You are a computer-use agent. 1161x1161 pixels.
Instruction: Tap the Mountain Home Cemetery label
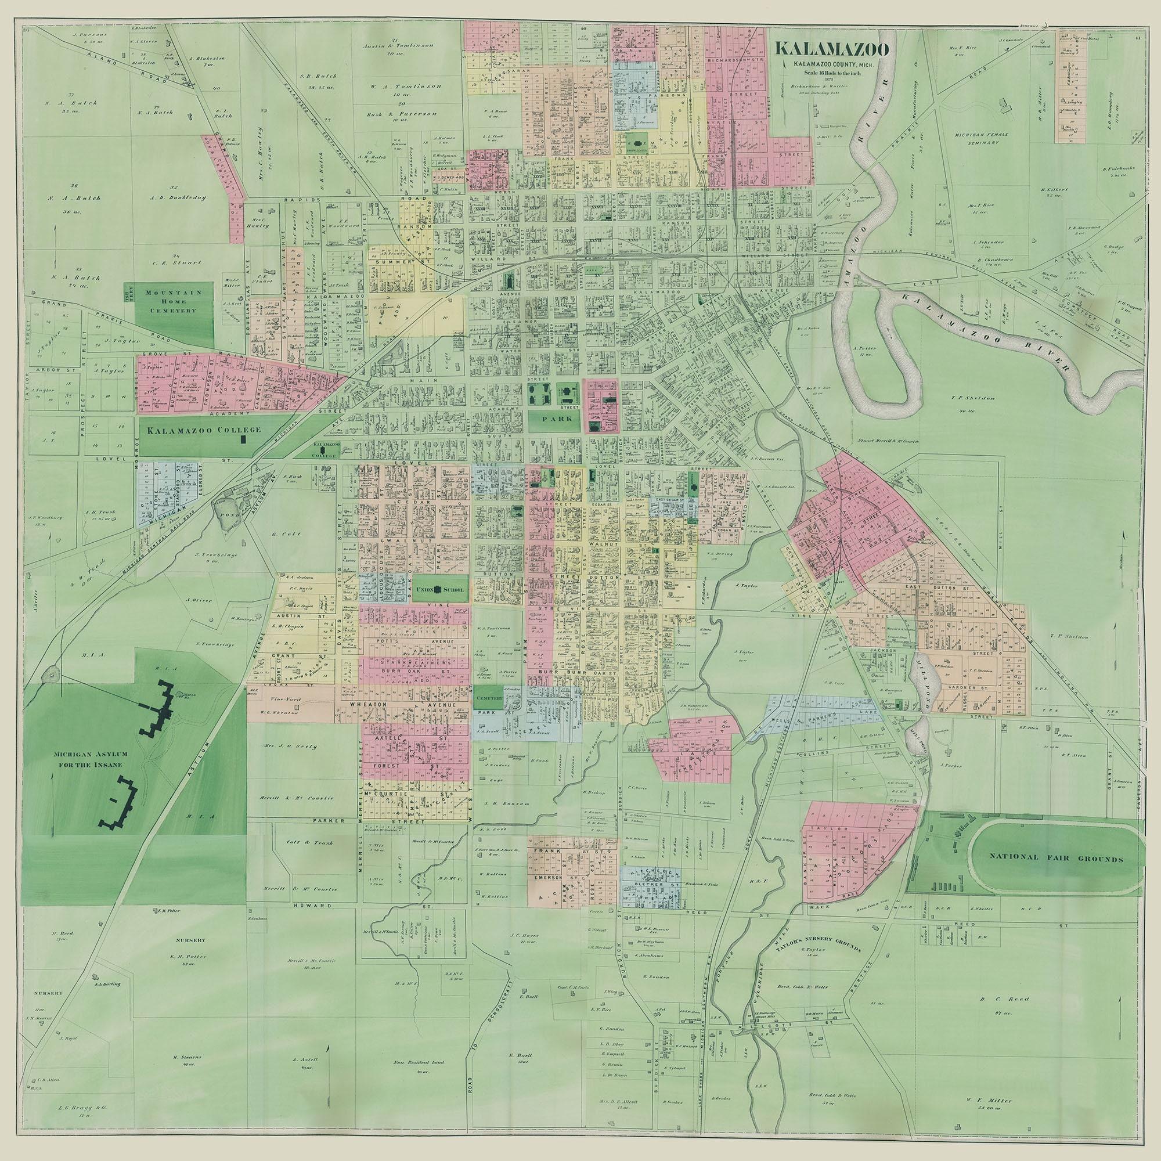pos(170,302)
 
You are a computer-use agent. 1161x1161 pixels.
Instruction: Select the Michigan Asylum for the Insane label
pos(88,759)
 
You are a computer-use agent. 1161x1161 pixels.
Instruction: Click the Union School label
pos(441,590)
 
